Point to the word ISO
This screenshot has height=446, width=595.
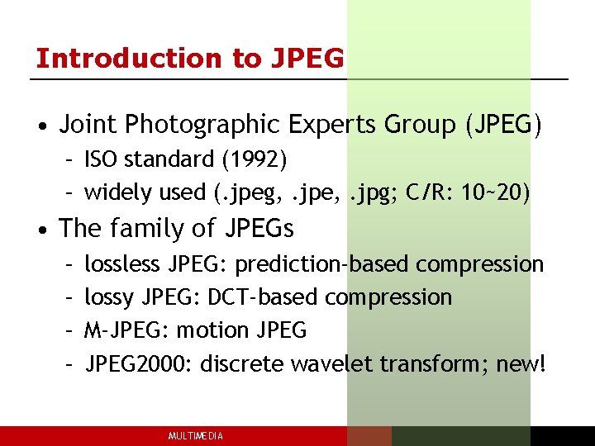tap(100, 159)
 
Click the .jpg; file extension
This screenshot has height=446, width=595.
tap(373, 192)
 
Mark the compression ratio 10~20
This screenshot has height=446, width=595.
tap(493, 192)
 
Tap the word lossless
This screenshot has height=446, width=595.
tap(122, 264)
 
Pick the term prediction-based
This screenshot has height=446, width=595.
tap(322, 264)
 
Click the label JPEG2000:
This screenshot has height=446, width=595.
tap(140, 363)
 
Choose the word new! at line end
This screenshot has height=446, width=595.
tap(521, 363)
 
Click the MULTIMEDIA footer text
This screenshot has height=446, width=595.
tap(195, 436)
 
